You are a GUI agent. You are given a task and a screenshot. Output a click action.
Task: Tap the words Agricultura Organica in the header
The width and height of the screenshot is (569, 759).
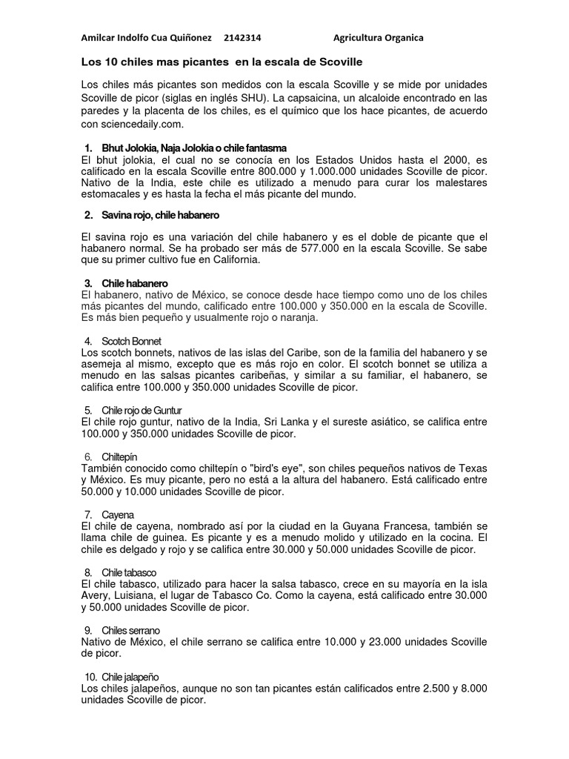pyautogui.click(x=379, y=38)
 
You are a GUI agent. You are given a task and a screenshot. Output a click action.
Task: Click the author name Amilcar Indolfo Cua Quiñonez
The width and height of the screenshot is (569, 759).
pyautogui.click(x=146, y=38)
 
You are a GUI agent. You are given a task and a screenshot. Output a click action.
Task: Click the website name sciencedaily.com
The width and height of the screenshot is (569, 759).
pyautogui.click(x=141, y=123)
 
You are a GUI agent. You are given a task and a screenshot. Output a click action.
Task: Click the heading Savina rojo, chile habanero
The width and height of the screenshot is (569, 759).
pyautogui.click(x=161, y=215)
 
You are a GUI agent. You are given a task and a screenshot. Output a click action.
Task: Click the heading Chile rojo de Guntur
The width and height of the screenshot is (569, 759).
pyautogui.click(x=142, y=410)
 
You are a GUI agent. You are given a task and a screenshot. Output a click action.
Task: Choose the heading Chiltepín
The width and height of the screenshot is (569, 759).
pyautogui.click(x=119, y=457)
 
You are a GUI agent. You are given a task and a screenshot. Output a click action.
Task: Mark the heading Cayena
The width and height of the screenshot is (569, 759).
pyautogui.click(x=118, y=514)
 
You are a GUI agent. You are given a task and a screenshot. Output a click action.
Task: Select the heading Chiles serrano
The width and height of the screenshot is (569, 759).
pyautogui.click(x=131, y=630)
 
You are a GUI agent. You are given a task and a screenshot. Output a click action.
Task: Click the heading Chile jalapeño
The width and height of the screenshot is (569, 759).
pyautogui.click(x=131, y=677)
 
